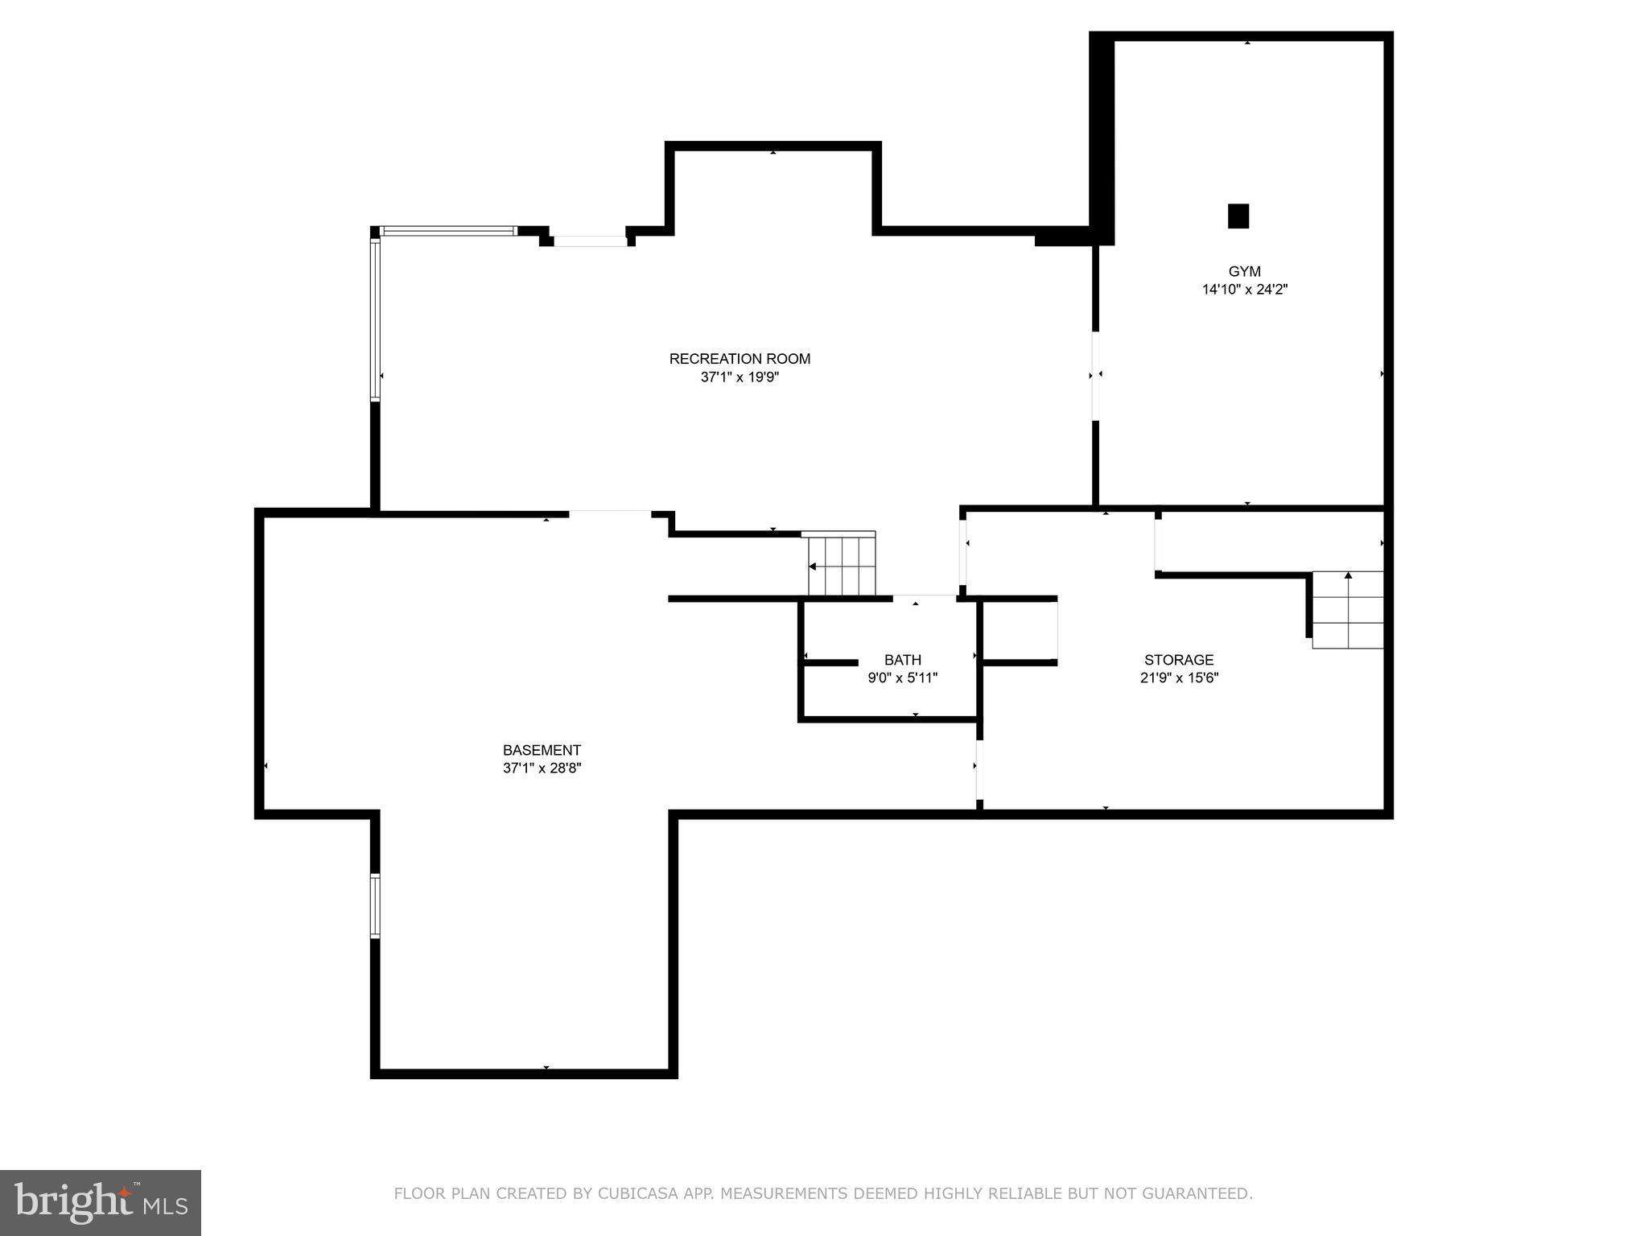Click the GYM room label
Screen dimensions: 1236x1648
pos(1244,272)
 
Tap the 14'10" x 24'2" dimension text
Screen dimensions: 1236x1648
pos(1244,290)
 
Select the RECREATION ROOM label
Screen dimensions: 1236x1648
pos(740,359)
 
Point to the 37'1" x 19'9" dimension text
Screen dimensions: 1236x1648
pos(740,377)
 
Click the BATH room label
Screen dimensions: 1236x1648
pos(902,660)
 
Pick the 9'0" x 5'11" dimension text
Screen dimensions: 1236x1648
pos(902,678)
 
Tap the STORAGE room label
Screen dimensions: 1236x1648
pos(1179,660)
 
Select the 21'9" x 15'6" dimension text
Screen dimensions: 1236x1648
pos(1179,678)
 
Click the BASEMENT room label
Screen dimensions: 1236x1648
pos(542,750)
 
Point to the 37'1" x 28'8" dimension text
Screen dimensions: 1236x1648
pos(542,768)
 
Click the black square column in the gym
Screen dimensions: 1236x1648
pos(1238,216)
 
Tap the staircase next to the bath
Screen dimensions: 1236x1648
pos(842,565)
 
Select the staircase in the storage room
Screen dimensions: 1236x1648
pos(1347,610)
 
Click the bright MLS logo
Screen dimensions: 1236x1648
pos(101,1202)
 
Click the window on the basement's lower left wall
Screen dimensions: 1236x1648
pos(375,905)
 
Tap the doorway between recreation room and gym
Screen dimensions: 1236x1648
pos(1095,375)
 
